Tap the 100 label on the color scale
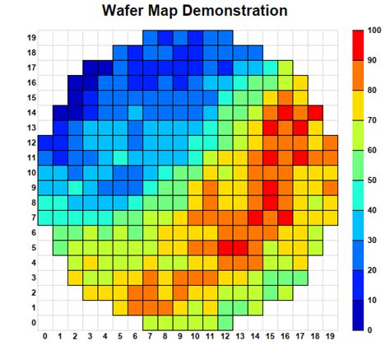pos(374,30)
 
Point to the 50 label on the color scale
pos(373,180)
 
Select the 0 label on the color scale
pos(370,330)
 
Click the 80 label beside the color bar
pos(373,90)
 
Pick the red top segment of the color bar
pos(358,45)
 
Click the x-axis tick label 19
pos(331,336)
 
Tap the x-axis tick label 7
pos(151,336)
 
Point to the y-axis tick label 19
pos(30,38)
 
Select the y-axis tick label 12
pos(30,143)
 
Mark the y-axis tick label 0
pos(33,323)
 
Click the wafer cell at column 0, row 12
pos(45,143)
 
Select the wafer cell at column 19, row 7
pos(331,217)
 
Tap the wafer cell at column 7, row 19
pos(151,38)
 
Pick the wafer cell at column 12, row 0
pos(225,322)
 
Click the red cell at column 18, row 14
pos(316,113)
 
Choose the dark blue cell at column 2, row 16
pos(76,83)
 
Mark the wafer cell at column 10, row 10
pos(196,173)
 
